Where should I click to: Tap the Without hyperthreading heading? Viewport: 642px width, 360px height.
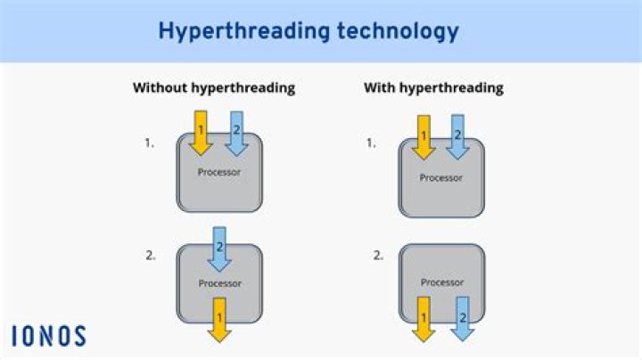(214, 88)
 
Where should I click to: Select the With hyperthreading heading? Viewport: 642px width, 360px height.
(433, 88)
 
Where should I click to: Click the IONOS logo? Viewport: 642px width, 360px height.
(49, 336)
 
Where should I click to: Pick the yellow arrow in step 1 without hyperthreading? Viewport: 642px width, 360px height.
(201, 132)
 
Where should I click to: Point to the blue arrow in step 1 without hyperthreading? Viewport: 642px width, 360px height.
(236, 132)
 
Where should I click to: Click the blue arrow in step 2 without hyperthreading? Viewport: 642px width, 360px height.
(218, 249)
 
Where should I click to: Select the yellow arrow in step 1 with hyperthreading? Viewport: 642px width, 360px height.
(424, 136)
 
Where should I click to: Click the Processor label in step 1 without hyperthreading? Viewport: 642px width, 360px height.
(219, 171)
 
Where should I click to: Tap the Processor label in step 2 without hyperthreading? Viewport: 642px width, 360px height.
(219, 283)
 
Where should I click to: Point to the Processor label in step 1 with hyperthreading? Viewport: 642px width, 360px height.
(441, 177)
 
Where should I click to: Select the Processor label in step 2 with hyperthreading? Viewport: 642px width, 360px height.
(441, 282)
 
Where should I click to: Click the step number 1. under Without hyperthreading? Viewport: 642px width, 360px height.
(150, 142)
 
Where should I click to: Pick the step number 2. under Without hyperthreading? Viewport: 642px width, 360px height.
(150, 255)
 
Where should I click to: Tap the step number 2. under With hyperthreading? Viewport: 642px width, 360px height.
(378, 255)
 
